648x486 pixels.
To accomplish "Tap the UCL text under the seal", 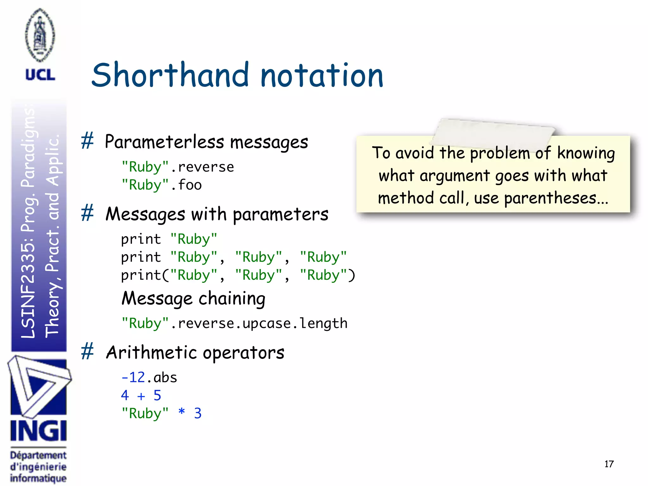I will pos(40,75).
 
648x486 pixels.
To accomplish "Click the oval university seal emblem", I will pos(40,35).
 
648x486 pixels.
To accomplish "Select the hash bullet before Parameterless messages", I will pos(87,141).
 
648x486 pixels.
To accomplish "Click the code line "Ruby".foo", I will pos(162,185).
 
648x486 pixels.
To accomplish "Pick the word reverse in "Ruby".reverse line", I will pos(206,167).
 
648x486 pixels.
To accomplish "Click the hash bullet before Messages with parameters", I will pos(87,213).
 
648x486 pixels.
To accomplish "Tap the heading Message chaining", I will pos(193,298).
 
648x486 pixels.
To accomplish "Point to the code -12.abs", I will pos(149,377).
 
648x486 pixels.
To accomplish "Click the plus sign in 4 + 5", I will pos(141,396).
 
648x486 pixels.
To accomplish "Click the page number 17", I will pos(609,464).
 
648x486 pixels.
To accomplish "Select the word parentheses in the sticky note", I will pos(550,199).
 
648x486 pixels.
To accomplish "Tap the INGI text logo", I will pos(38,431).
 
